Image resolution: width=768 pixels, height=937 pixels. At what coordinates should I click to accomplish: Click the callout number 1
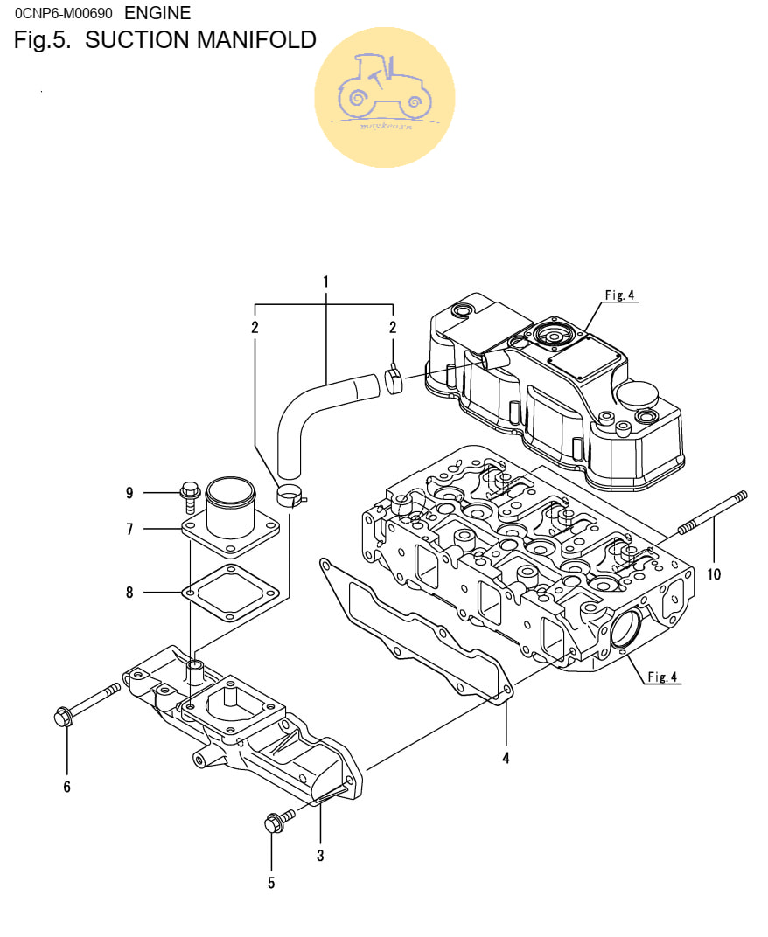325,281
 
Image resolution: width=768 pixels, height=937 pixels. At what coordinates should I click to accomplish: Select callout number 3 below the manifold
320,856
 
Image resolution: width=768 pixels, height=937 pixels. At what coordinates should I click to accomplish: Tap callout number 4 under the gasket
506,758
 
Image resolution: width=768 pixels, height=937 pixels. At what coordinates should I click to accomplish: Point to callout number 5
271,883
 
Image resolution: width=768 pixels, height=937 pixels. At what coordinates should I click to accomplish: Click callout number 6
66,787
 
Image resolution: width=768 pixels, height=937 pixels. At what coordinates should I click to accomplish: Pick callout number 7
129,529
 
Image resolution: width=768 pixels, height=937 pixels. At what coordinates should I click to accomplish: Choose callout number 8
129,593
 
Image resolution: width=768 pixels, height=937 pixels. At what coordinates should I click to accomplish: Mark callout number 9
129,493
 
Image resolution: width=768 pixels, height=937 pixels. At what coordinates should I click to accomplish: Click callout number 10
715,574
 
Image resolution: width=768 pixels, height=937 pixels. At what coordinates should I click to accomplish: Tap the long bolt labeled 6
87,704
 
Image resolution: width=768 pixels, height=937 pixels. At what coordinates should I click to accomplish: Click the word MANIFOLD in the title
256,40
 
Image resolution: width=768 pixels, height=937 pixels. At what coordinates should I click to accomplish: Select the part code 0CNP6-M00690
64,14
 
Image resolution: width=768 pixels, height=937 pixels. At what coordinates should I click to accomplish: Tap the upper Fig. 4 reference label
619,295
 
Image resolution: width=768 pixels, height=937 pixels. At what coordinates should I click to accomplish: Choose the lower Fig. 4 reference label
662,677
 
